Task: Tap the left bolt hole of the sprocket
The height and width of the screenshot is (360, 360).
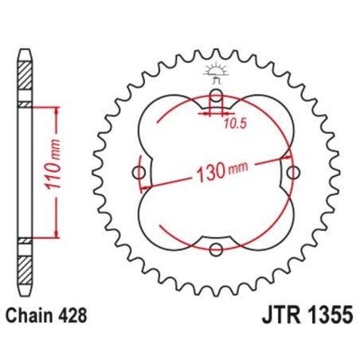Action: [139, 174]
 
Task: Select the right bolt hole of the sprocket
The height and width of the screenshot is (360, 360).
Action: [292, 173]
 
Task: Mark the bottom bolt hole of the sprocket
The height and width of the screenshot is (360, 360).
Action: [216, 249]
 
